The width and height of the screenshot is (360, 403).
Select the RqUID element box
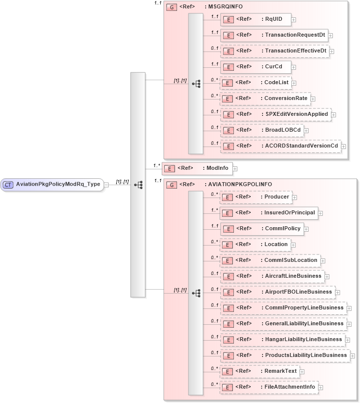pos(255,19)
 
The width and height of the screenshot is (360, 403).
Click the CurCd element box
pos(255,66)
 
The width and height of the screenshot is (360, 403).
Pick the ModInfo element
pos(197,168)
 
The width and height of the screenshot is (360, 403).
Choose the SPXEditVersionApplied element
pos(275,114)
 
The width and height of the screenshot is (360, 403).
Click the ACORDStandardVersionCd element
pos(280,146)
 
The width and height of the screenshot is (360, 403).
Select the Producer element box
pos(256,197)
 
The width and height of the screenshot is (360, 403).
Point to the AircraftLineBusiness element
pos(272,276)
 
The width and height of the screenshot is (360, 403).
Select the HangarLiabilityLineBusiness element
pos(282,340)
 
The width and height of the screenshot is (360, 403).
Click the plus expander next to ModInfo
pos(235,169)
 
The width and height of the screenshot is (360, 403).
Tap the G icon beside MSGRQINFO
pos(172,7)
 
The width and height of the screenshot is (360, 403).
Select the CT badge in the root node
pos(8,184)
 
